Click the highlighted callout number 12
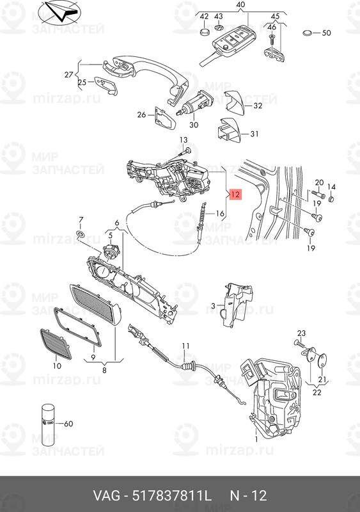click(235, 194)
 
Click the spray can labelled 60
click(50, 422)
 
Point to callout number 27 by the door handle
click(69, 75)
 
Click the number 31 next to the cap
click(254, 134)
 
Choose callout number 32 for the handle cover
click(258, 106)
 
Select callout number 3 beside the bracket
click(213, 307)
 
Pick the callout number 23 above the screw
click(302, 332)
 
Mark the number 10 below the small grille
click(57, 366)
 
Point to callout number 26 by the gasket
click(141, 115)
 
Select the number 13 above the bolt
click(183, 140)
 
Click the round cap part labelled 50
click(308, 33)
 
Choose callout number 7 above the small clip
click(81, 220)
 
